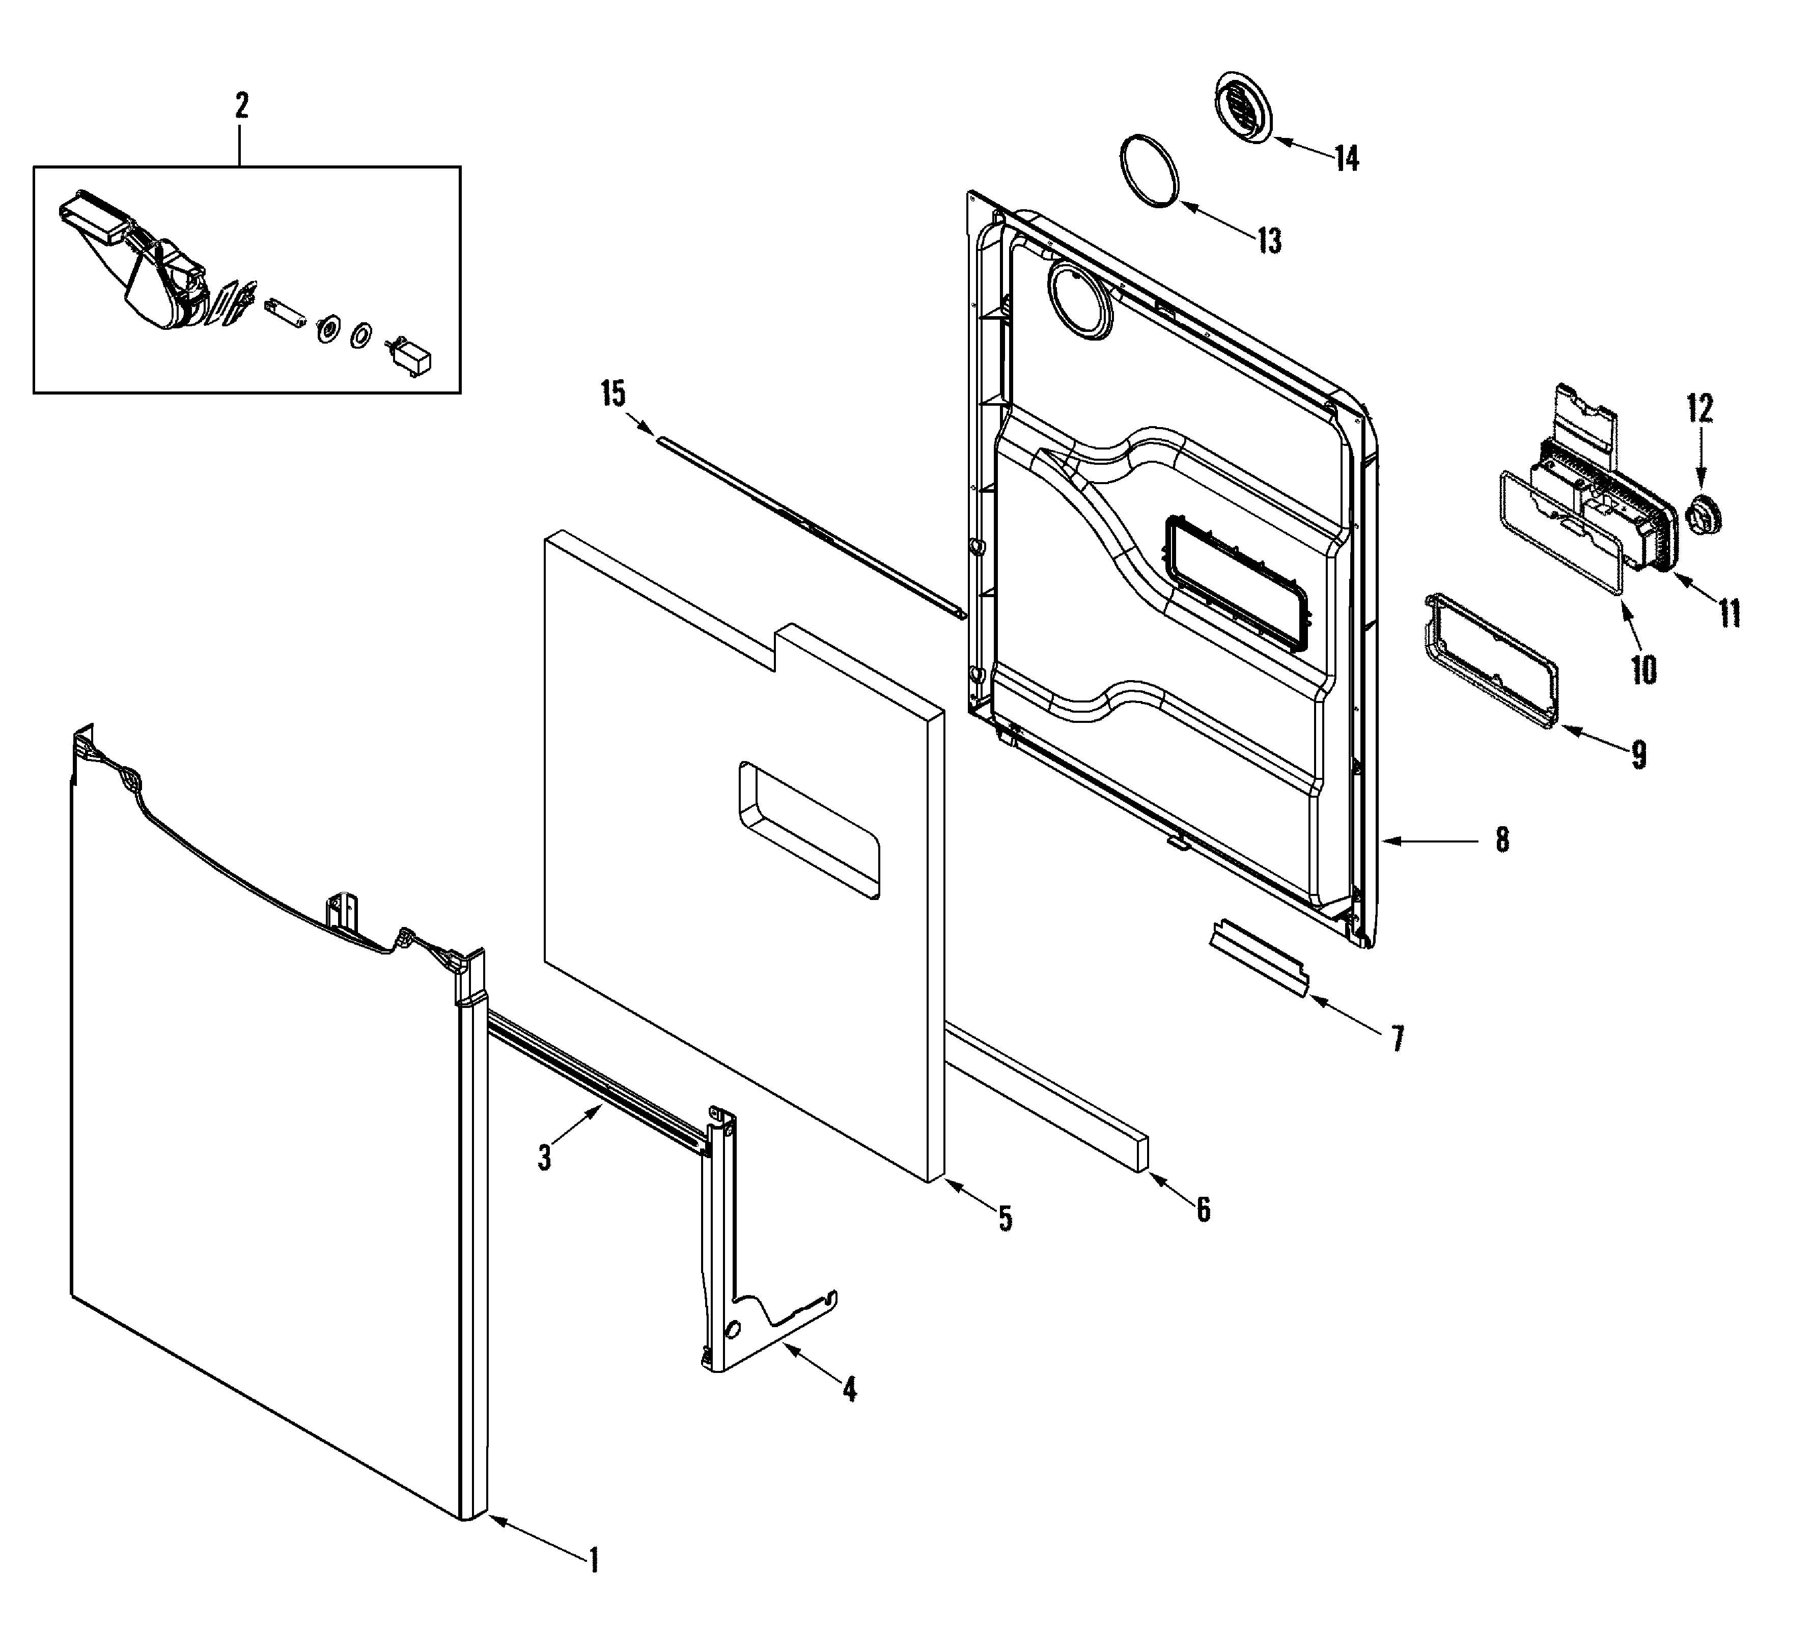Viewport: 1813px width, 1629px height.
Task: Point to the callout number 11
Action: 1729,614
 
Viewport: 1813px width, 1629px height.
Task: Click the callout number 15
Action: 613,394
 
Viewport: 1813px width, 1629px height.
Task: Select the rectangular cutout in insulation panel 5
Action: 808,829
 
